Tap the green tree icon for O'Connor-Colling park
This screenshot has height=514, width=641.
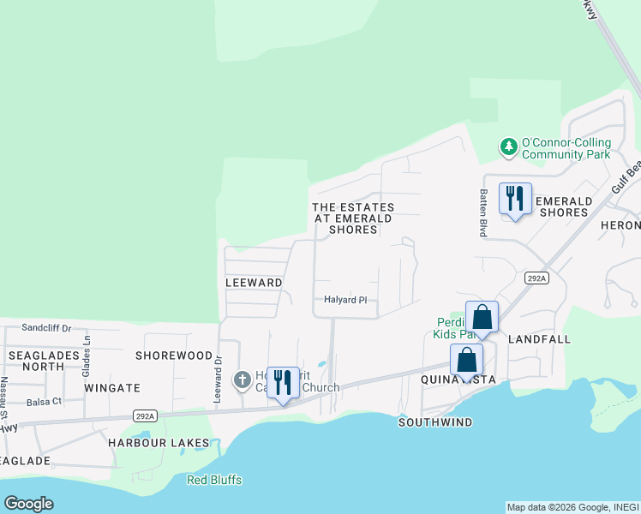click(x=509, y=147)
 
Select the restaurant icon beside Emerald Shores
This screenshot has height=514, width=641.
click(x=515, y=199)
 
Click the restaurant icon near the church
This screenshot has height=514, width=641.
click(x=283, y=382)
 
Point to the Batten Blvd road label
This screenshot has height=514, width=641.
click(x=483, y=212)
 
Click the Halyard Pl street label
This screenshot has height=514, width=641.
click(x=345, y=300)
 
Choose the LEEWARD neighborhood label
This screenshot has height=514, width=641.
click(x=254, y=282)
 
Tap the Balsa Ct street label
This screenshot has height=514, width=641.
click(x=45, y=401)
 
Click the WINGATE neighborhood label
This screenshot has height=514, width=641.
click(x=112, y=388)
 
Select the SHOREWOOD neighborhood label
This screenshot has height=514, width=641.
click(x=174, y=355)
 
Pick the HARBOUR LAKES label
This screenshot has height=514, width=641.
click(x=159, y=442)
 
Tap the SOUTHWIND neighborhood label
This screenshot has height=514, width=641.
click(x=435, y=422)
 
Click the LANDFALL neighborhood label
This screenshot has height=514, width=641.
click(x=539, y=339)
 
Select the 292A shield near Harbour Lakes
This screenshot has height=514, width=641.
click(x=146, y=416)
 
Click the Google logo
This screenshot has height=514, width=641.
click(x=29, y=504)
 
